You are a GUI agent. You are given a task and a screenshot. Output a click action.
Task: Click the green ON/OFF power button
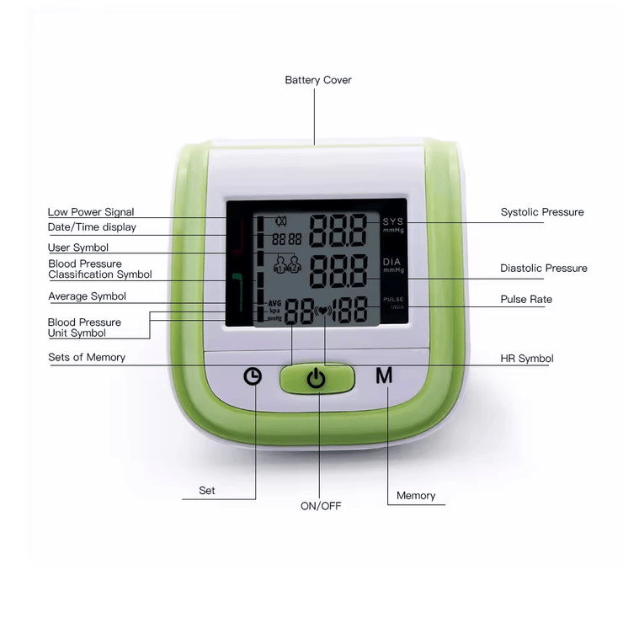click(316, 378)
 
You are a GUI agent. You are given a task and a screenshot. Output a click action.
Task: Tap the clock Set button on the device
click(253, 376)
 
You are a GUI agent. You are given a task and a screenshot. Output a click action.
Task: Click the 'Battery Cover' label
click(318, 80)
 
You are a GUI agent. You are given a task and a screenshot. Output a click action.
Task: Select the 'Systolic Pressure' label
click(542, 212)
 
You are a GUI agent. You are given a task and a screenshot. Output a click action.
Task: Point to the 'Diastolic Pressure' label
click(544, 269)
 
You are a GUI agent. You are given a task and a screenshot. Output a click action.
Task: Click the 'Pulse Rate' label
click(526, 300)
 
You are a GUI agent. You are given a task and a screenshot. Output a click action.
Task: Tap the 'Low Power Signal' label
click(91, 212)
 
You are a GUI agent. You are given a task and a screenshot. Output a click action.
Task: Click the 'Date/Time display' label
click(92, 227)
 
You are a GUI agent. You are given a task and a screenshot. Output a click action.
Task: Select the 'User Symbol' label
click(78, 248)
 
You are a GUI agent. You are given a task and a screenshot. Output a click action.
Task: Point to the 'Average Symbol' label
click(87, 296)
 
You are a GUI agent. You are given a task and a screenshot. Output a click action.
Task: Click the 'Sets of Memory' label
click(87, 358)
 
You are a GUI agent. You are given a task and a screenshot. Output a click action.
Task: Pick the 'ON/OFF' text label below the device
click(321, 506)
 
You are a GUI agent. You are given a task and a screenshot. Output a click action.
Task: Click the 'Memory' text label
click(416, 496)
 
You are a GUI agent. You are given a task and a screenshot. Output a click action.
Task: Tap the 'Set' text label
click(207, 490)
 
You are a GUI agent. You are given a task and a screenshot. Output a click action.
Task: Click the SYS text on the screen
click(393, 221)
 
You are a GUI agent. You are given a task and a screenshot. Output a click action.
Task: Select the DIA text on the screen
click(393, 262)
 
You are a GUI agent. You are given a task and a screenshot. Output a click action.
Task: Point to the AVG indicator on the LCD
click(274, 303)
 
